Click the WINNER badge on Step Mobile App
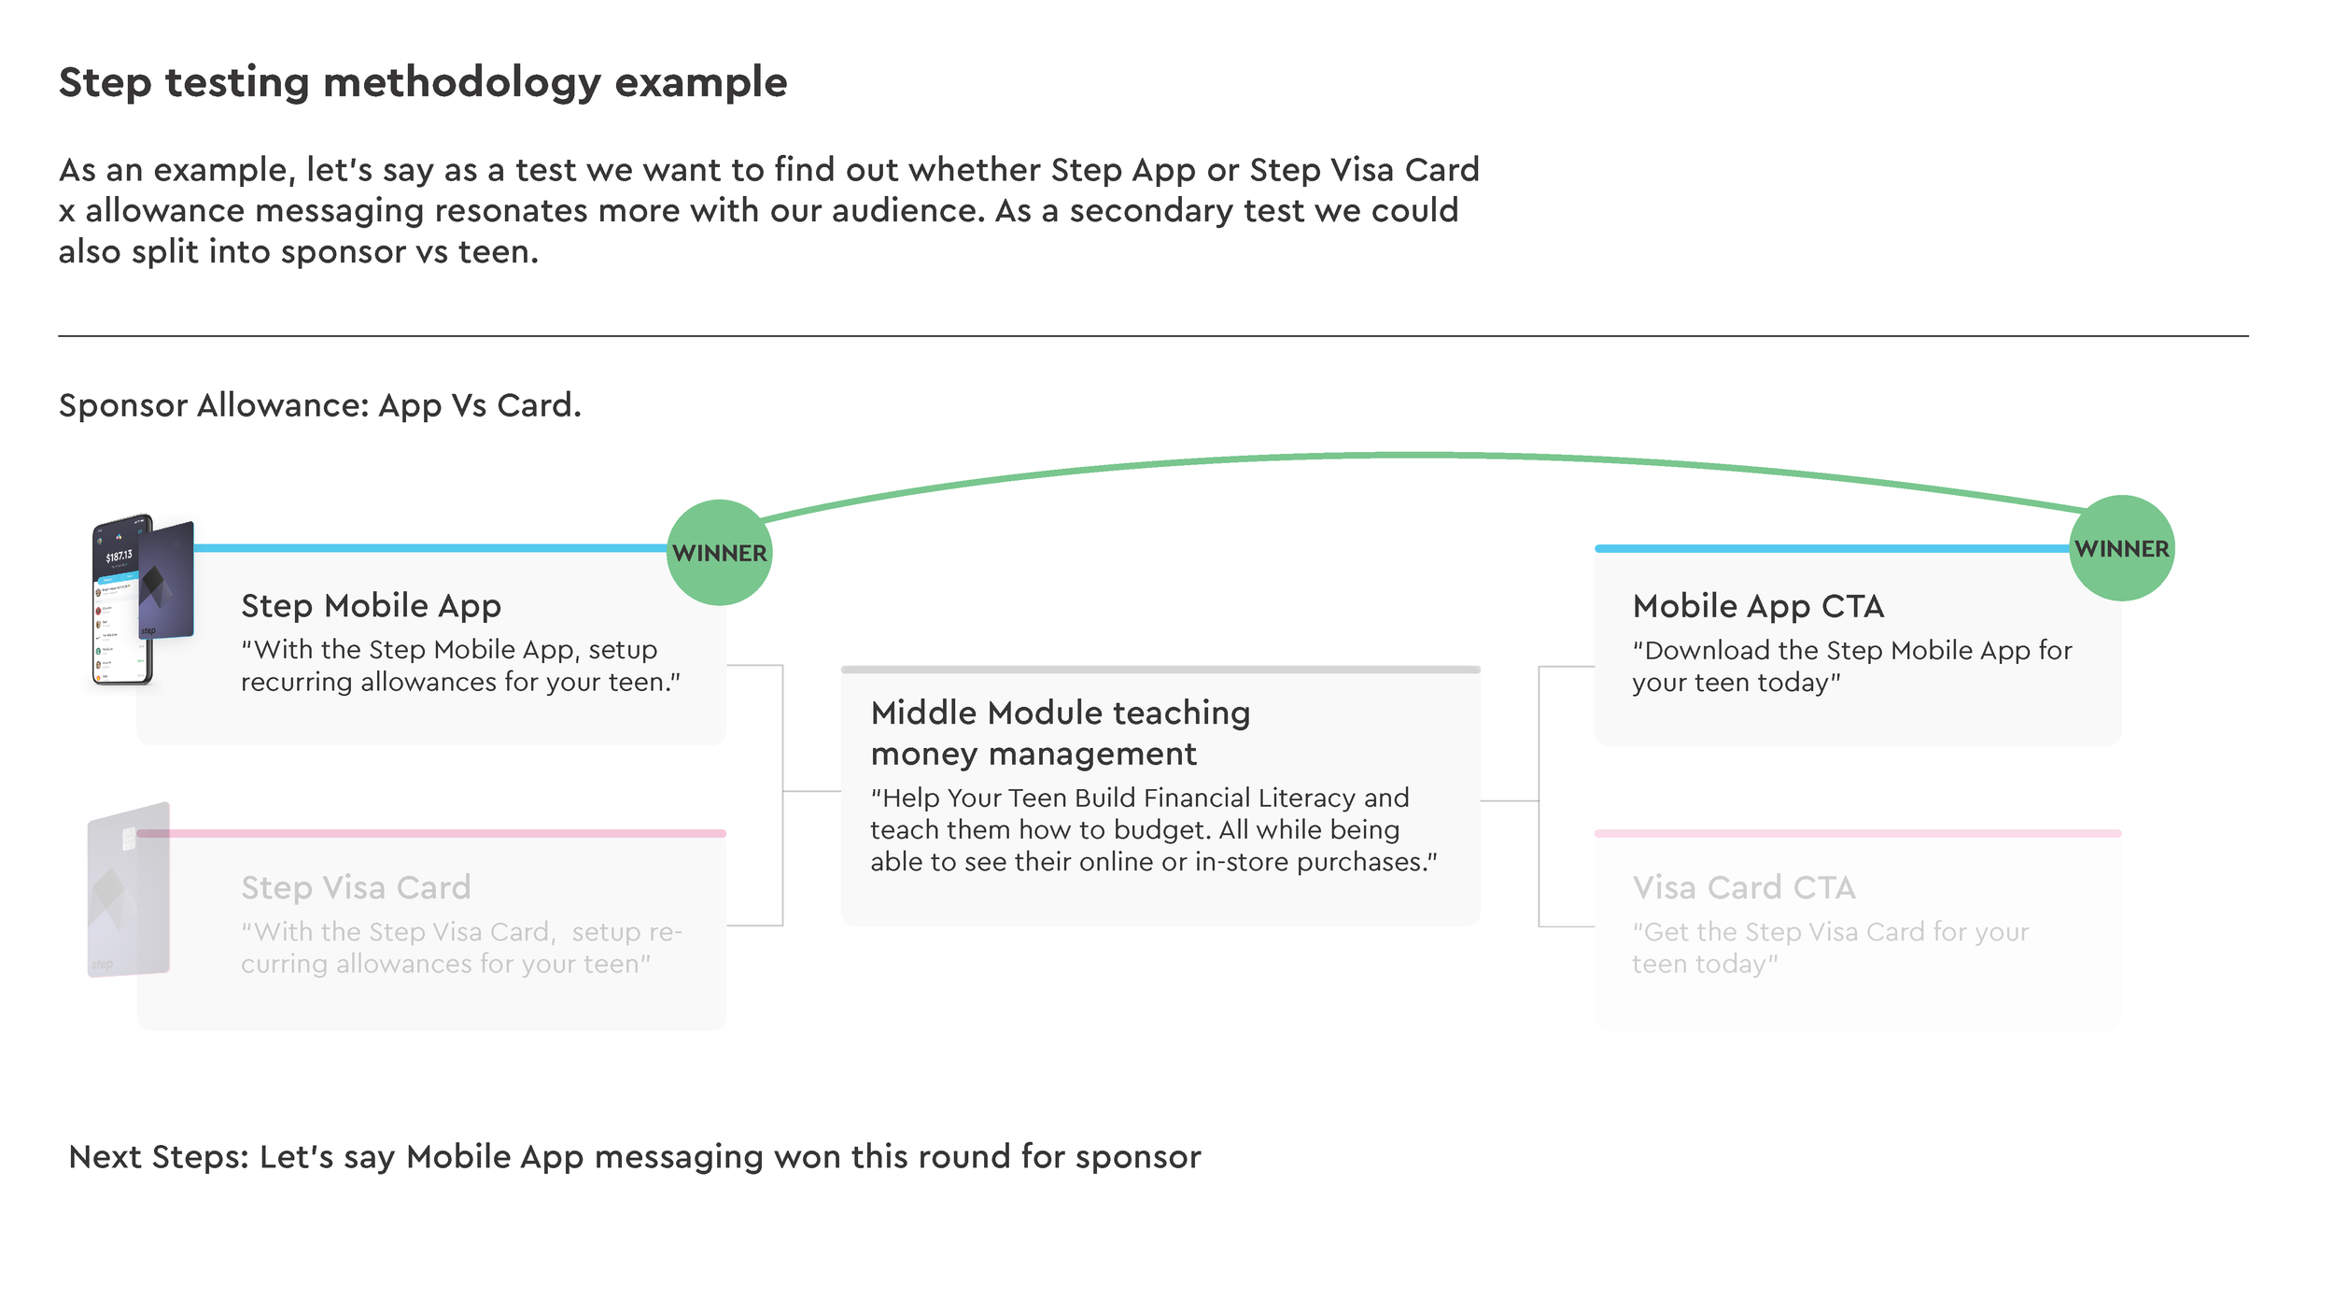click(719, 553)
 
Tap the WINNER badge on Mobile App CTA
click(2121, 548)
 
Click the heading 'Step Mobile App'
click(371, 606)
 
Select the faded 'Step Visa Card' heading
click(356, 887)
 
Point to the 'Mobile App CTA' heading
click(1758, 606)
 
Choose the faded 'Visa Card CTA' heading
click(1743, 887)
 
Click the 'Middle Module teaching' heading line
click(1060, 713)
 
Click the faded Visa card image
click(129, 889)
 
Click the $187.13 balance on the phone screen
click(119, 557)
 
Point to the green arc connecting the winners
click(1419, 456)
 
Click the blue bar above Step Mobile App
click(429, 548)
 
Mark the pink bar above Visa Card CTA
click(1858, 833)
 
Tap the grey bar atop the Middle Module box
click(1160, 670)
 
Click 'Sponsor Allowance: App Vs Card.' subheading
click(319, 405)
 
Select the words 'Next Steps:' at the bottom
click(159, 1157)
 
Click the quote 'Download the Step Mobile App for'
click(1852, 650)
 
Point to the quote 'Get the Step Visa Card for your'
click(1831, 932)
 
